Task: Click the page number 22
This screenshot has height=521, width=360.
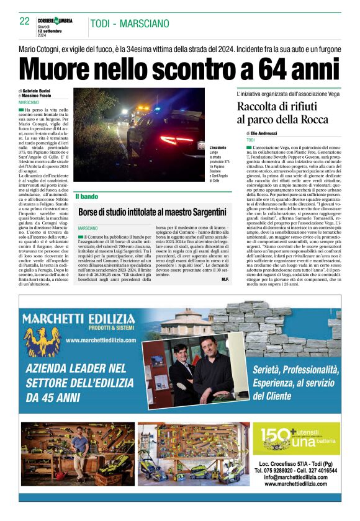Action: tap(25, 21)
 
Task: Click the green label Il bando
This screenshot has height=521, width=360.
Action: tap(86, 197)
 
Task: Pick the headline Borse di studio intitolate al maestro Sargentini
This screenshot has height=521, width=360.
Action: tap(152, 212)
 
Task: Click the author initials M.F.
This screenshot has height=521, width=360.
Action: tap(225, 280)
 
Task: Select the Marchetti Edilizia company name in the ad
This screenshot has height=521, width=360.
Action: tap(78, 319)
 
